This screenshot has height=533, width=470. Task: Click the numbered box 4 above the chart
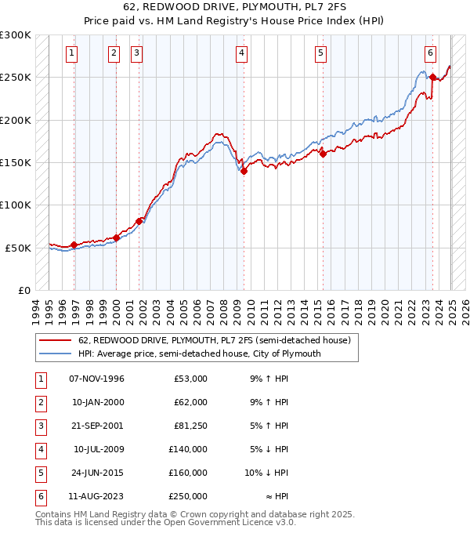[x=241, y=53]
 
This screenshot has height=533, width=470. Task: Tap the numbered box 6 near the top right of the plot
[x=431, y=53]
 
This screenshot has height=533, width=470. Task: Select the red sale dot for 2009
[x=244, y=171]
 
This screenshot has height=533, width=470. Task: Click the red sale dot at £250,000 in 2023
[x=432, y=77]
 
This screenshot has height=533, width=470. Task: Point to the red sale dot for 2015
[x=323, y=154]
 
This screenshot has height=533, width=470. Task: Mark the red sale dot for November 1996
[x=74, y=245]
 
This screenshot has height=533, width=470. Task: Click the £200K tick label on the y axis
[x=16, y=120]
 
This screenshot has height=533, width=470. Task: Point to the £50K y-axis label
[x=19, y=248]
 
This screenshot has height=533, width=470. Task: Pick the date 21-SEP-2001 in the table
[x=96, y=426]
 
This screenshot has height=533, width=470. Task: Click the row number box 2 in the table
[x=39, y=402]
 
